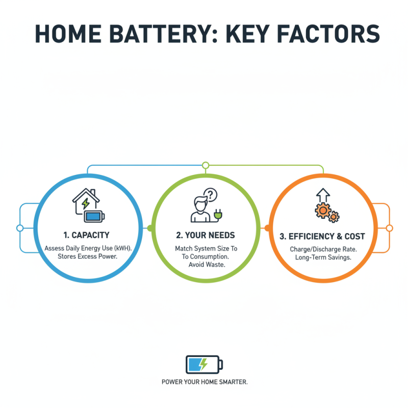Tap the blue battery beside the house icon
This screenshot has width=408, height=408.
[x=94, y=216]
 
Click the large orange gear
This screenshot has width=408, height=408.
[x=324, y=210]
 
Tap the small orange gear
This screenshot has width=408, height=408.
[x=334, y=217]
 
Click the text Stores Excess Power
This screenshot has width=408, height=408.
[x=88, y=257]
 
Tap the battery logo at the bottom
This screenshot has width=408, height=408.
[x=204, y=364]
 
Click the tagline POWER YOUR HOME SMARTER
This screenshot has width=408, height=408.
[x=204, y=382]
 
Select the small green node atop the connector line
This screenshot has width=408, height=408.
[x=206, y=165]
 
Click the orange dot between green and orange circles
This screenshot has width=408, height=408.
[x=266, y=228]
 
